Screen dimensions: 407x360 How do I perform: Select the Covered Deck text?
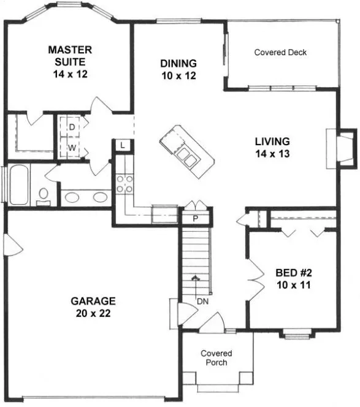point(280,53)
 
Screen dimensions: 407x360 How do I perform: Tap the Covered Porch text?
point(217,358)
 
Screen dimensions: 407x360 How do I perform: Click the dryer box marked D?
point(71,127)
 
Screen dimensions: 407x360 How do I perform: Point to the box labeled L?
point(123,145)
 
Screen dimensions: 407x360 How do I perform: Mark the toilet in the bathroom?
point(44,196)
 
